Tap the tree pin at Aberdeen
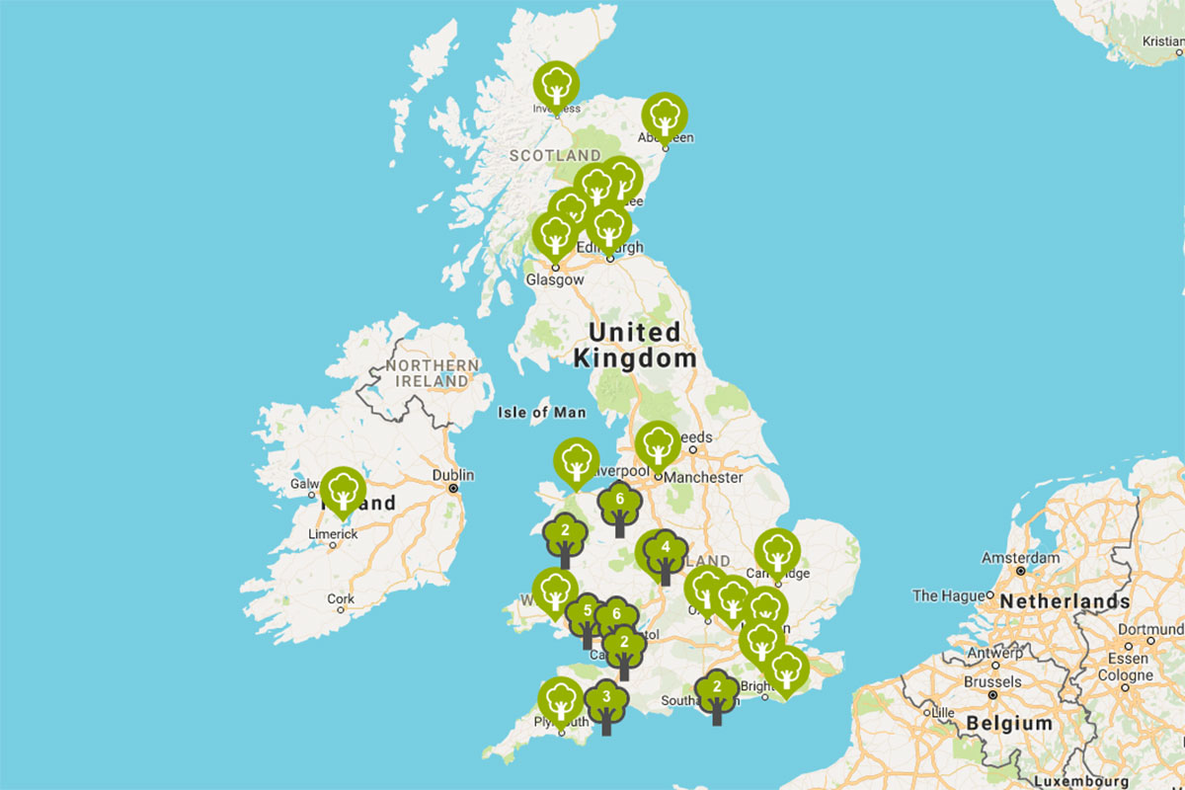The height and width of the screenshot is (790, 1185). point(666,117)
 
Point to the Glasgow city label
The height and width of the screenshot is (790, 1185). point(555,279)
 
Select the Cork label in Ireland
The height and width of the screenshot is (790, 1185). point(341,598)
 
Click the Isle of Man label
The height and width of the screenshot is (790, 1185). point(542,413)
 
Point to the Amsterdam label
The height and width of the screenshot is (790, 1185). point(1020,558)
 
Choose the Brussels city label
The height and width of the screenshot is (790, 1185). point(992,681)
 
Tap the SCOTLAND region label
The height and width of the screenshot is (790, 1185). point(555,155)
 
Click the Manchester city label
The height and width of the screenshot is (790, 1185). point(704,477)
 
